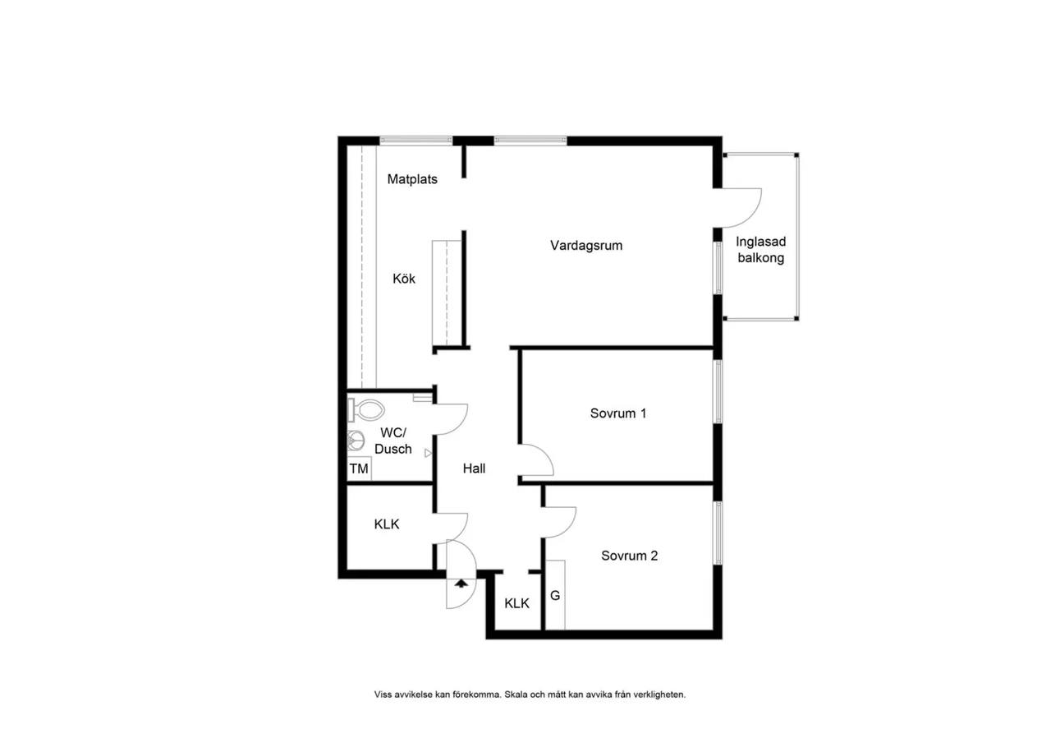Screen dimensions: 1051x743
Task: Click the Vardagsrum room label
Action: [586, 246]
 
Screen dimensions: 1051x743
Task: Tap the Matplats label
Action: [412, 179]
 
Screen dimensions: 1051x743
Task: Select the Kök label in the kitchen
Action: [403, 279]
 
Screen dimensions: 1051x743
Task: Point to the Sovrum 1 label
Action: [618, 413]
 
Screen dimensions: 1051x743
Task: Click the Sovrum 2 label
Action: [629, 556]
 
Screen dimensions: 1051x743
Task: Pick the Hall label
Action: [474, 468]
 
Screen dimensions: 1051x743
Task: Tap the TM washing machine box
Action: [359, 468]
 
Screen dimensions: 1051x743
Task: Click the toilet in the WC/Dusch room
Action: [365, 410]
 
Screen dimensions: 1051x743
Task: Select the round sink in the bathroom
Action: [356, 441]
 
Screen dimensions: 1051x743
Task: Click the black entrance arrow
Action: [461, 584]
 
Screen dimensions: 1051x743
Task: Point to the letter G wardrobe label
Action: [555, 596]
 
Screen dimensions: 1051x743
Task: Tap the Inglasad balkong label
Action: [760, 250]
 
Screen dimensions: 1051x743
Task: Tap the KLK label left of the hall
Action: [387, 524]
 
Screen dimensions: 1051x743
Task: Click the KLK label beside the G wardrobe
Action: [516, 603]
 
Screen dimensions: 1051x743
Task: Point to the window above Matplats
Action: [415, 140]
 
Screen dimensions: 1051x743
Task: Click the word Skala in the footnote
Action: [516, 695]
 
